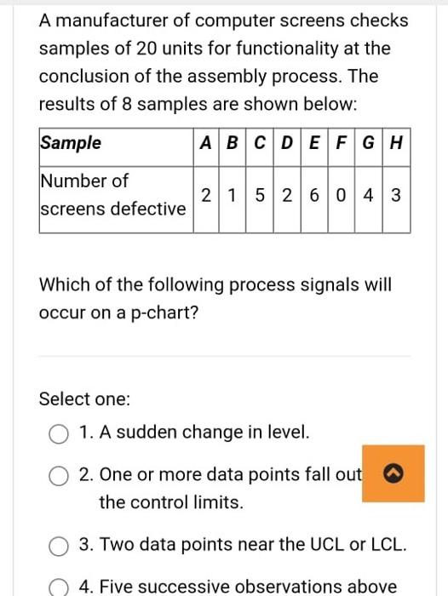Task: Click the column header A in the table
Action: point(205,143)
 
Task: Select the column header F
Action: point(342,143)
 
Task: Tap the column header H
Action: point(396,143)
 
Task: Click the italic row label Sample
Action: point(71,143)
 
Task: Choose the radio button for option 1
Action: point(59,433)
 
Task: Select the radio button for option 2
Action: point(59,475)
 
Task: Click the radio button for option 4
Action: point(59,586)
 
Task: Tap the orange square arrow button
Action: point(393,473)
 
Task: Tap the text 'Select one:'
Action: point(85,398)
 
